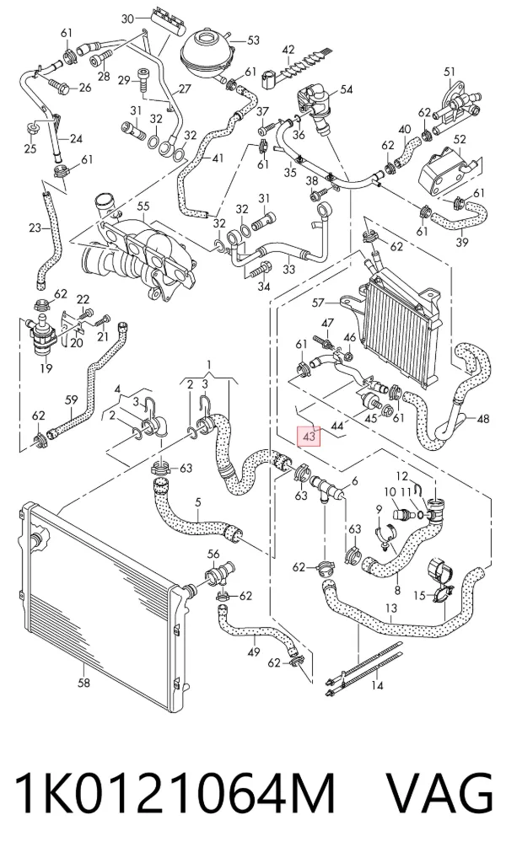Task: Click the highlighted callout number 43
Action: (x=309, y=437)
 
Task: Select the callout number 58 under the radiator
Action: (x=83, y=683)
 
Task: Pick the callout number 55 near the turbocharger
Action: (x=143, y=206)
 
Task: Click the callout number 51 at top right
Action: (x=449, y=71)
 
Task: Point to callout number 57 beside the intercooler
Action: (x=319, y=303)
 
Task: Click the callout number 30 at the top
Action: (x=127, y=19)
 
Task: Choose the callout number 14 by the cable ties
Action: (x=377, y=685)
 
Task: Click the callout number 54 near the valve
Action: (x=346, y=89)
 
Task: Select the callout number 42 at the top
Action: (x=288, y=50)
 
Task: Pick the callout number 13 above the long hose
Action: (x=391, y=608)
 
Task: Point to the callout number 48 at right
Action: (x=482, y=420)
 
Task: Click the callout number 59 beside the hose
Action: (x=72, y=400)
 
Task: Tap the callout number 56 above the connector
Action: (x=213, y=555)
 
